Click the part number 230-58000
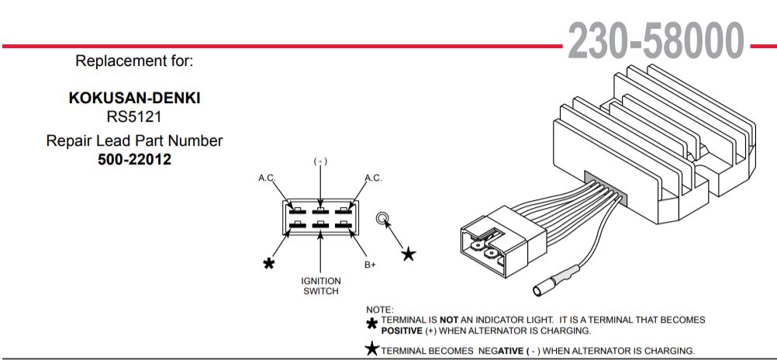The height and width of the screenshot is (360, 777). pyautogui.click(x=656, y=40)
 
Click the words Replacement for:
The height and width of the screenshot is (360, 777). pyautogui.click(x=134, y=61)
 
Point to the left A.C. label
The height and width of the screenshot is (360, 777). pyautogui.click(x=267, y=178)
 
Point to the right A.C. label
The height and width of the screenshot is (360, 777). pyautogui.click(x=373, y=178)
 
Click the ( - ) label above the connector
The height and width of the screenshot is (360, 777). pyautogui.click(x=320, y=161)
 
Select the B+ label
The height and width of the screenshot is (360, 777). pyautogui.click(x=370, y=265)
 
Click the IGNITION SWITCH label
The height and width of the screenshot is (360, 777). pyautogui.click(x=320, y=286)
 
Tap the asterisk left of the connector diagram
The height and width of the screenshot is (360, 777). pyautogui.click(x=268, y=264)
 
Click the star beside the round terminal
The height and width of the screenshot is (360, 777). pyautogui.click(x=408, y=254)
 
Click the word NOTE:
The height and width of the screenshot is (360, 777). pyautogui.click(x=379, y=310)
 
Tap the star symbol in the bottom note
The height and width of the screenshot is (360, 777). pyautogui.click(x=372, y=349)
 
